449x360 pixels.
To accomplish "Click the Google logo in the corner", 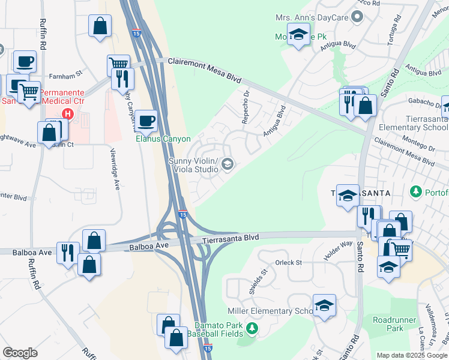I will [20, 353].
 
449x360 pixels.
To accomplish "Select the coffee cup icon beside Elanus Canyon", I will [146, 121].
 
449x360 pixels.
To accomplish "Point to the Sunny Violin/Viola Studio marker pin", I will [228, 164].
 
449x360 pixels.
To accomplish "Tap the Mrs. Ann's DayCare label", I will [312, 18].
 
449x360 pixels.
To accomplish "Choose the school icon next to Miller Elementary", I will [324, 306].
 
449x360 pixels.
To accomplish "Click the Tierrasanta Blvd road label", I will [230, 238].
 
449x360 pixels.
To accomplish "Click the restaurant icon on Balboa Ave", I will [67, 252].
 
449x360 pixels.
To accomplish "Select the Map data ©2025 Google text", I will [411, 355].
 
